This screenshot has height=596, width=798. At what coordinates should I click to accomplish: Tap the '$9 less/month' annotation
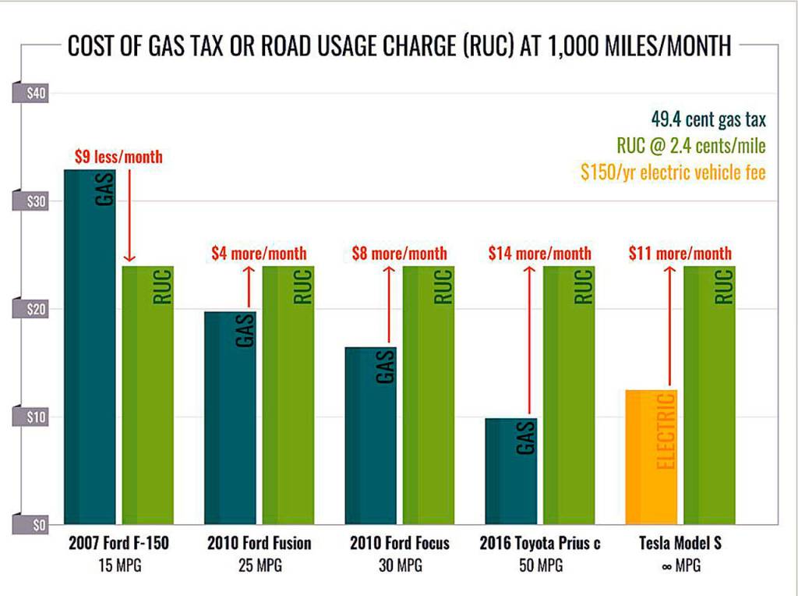[x=119, y=157]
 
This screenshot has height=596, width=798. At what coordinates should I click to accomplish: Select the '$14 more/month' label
[x=540, y=254]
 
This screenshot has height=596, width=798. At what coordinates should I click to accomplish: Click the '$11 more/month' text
[x=680, y=254]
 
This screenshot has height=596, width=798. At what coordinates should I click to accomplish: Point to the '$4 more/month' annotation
[x=260, y=254]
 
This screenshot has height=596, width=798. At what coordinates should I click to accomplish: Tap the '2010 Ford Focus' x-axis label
[x=400, y=543]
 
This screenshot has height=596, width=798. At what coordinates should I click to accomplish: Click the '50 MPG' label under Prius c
[x=540, y=566]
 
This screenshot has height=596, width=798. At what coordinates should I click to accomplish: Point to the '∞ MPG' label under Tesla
[x=680, y=566]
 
